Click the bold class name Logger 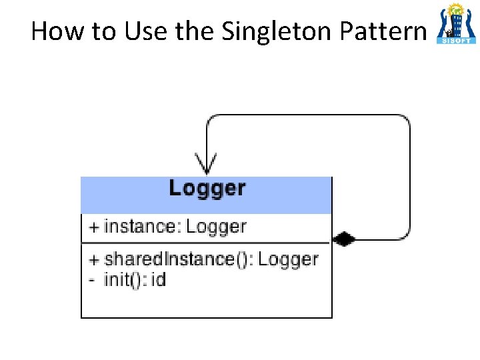tap(207, 188)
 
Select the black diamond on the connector tap(344, 239)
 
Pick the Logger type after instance tap(216, 227)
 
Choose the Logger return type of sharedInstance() tap(288, 259)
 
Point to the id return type tap(158, 279)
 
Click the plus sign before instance tap(94, 227)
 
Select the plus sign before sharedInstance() tap(94, 259)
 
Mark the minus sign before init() tap(93, 279)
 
